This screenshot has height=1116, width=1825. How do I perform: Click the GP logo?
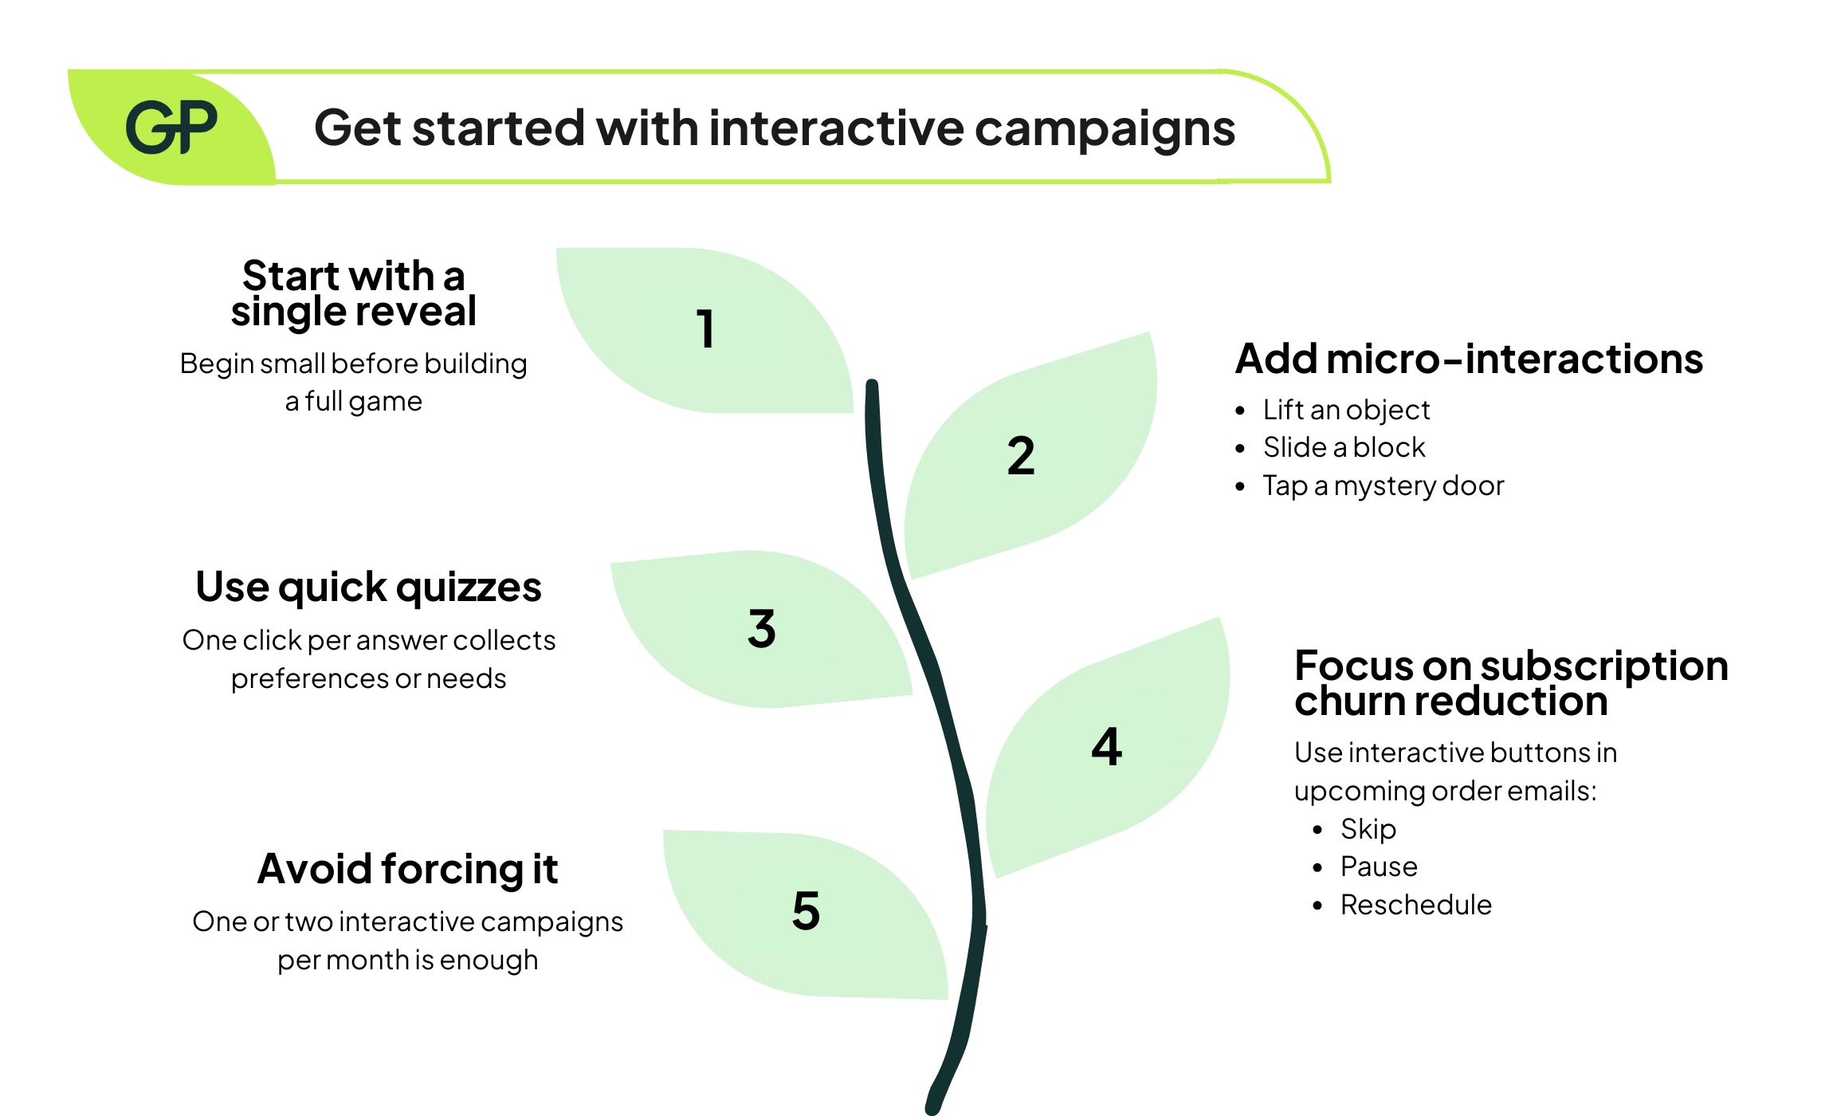tap(171, 128)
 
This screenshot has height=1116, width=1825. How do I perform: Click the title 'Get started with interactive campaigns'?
tap(774, 128)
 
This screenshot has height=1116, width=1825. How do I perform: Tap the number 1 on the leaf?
tap(705, 328)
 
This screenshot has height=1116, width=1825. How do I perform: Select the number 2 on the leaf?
tap(1021, 456)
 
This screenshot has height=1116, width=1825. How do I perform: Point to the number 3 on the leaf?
tap(762, 628)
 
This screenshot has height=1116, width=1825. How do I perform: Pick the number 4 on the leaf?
tap(1106, 747)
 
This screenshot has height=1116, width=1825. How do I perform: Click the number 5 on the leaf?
tap(806, 910)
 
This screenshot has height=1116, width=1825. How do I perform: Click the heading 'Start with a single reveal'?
tap(353, 293)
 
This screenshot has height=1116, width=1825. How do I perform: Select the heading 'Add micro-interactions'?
tap(1469, 359)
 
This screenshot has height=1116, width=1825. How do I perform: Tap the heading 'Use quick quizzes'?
tap(368, 587)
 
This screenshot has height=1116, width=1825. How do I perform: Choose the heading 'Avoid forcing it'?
tap(407, 869)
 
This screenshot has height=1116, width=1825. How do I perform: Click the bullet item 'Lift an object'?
tap(1346, 410)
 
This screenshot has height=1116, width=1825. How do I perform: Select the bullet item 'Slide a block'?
tap(1344, 447)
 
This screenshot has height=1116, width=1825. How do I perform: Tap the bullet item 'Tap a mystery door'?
tap(1383, 485)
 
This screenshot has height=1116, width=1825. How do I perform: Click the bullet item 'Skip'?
tap(1368, 829)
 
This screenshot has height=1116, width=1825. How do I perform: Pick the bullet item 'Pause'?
tap(1379, 866)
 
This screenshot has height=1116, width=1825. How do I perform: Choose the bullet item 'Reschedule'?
tap(1415, 905)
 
